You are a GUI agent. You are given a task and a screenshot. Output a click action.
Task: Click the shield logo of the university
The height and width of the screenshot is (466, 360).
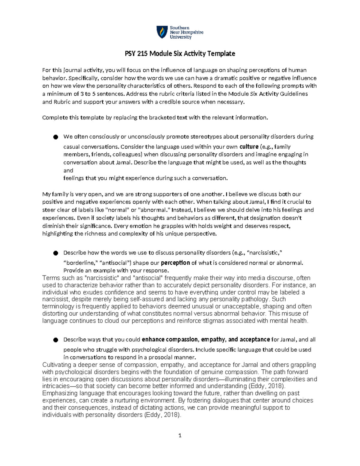tap(162, 32)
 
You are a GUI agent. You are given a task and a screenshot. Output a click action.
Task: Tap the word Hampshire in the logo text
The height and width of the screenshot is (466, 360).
tap(192, 32)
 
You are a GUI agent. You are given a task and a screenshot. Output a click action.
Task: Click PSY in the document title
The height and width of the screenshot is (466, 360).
tap(130, 54)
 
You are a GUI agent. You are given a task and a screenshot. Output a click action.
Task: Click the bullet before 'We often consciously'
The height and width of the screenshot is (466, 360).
tap(55, 137)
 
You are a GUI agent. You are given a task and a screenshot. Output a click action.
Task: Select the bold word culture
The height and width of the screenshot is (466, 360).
tap(249, 147)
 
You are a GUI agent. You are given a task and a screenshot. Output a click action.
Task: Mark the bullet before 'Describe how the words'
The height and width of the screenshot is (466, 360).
tap(55, 253)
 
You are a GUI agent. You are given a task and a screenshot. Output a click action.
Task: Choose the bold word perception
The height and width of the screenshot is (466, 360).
tap(175, 263)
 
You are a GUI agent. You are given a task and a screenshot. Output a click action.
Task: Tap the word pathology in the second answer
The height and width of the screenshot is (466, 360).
tap(255, 299)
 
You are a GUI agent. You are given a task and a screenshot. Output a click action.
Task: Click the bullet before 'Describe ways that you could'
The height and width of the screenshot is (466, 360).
tap(55, 340)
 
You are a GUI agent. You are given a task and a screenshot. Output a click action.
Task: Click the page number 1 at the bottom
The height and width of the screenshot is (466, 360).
tap(180, 435)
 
